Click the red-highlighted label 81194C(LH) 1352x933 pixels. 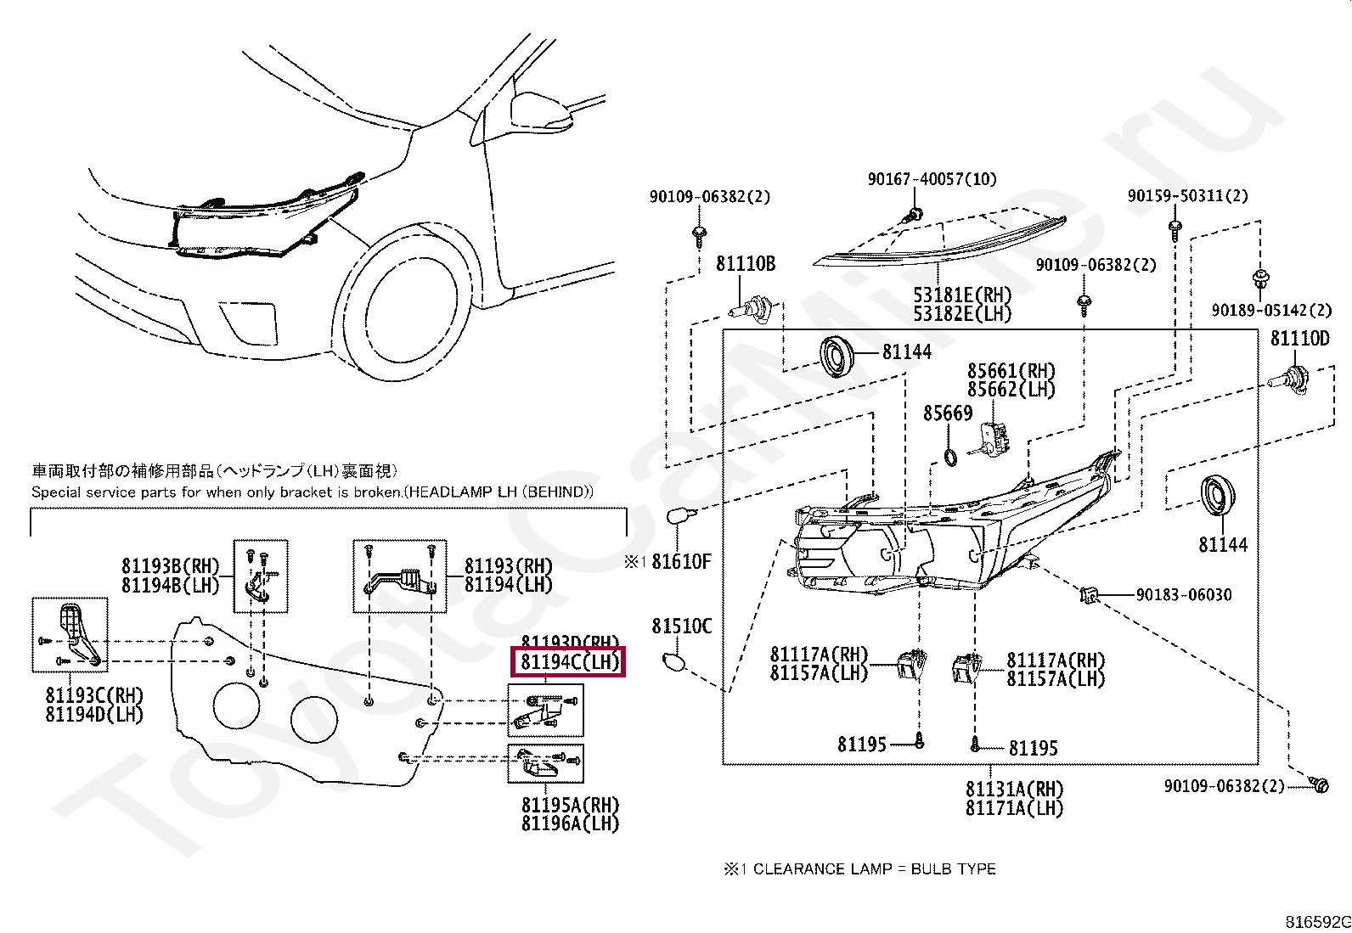tap(567, 662)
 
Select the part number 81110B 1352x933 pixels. tap(745, 264)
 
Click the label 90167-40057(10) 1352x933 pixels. tap(932, 179)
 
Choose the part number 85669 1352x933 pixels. tap(948, 413)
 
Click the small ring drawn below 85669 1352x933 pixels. tap(950, 458)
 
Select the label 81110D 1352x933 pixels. tap(1299, 339)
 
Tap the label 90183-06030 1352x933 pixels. tap(1183, 595)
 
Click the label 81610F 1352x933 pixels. tap(681, 561)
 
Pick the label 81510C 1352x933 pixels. tap(681, 627)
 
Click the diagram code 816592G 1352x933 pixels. tap(1316, 922)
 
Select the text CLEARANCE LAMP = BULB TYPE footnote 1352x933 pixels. tap(874, 869)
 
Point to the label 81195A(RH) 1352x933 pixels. tap(570, 805)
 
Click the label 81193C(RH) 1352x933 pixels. tap(94, 696)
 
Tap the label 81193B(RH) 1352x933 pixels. tap(170, 566)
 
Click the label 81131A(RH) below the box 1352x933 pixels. tap(1014, 790)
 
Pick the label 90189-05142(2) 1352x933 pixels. tap(1270, 311)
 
